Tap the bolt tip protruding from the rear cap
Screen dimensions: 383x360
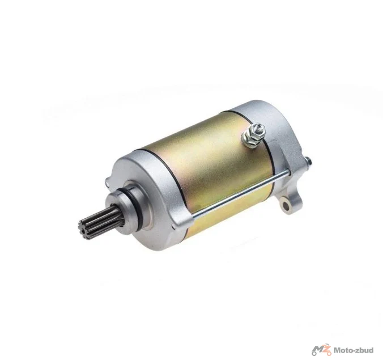(309, 161)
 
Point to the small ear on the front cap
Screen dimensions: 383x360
(108, 183)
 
